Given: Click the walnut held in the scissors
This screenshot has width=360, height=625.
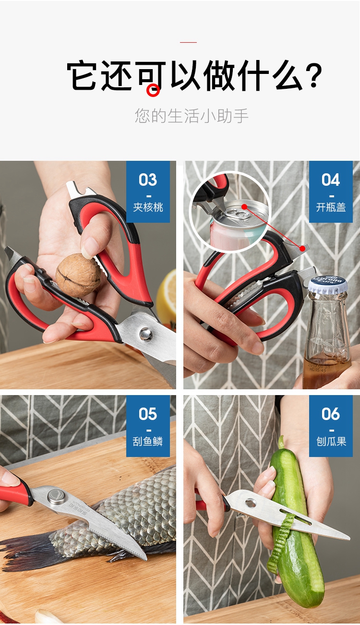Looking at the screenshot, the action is pyautogui.click(x=78, y=275).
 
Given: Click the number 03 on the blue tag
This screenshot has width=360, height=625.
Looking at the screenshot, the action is pyautogui.click(x=148, y=180).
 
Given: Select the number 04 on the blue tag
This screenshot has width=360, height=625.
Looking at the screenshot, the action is pyautogui.click(x=331, y=180).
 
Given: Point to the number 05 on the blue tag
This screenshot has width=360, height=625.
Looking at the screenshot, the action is pyautogui.click(x=148, y=414).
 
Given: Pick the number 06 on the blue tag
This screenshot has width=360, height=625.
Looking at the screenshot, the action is pyautogui.click(x=331, y=414).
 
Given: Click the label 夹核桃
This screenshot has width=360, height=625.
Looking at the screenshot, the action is pyautogui.click(x=148, y=207).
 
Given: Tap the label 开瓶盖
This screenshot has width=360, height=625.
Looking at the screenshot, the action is pyautogui.click(x=331, y=207).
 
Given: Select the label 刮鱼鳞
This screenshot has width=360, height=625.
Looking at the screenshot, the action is pyautogui.click(x=148, y=442).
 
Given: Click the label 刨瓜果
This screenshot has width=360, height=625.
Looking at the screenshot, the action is pyautogui.click(x=331, y=442).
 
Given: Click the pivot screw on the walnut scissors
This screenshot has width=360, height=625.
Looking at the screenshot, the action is pyautogui.click(x=145, y=334).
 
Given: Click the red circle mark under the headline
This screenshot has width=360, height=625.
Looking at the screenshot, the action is pyautogui.click(x=153, y=90).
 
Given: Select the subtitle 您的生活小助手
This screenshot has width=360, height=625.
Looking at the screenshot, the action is pyautogui.click(x=192, y=116).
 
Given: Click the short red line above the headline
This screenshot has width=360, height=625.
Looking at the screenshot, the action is pyautogui.click(x=188, y=42).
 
